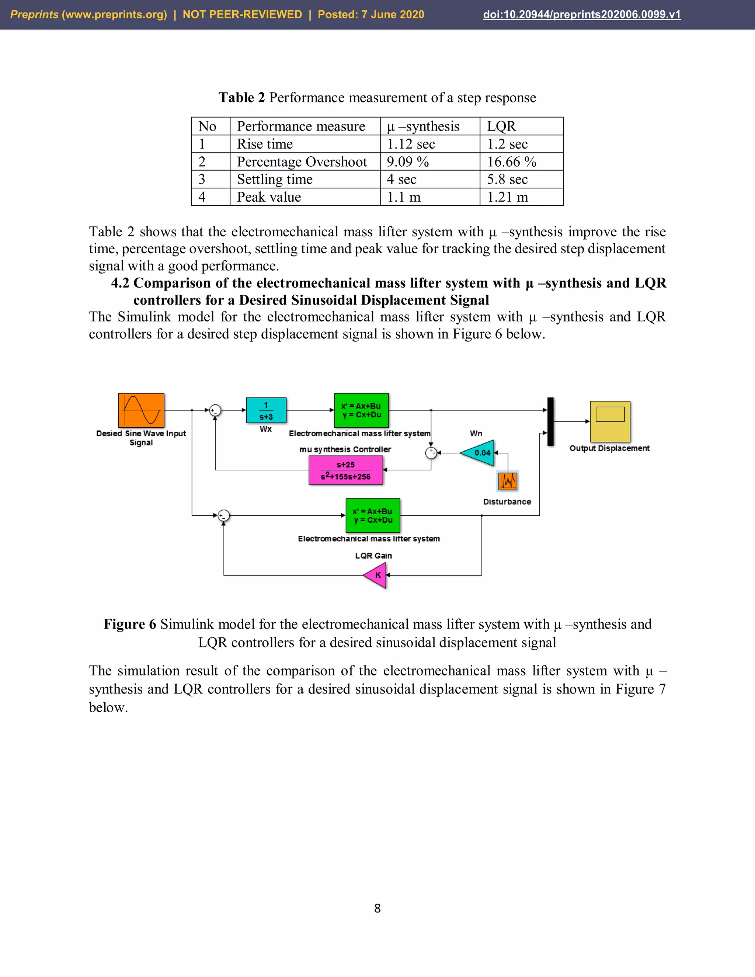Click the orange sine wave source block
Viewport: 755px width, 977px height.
[141, 410]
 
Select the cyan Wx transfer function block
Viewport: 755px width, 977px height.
[266, 410]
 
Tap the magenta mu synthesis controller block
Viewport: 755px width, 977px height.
[346, 470]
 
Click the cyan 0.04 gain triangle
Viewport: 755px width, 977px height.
[479, 453]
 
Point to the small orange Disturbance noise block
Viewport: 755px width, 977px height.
[508, 481]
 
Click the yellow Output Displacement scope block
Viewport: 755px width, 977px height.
[610, 421]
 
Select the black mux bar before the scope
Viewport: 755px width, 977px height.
[551, 421]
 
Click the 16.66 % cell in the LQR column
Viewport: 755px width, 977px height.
[512, 161]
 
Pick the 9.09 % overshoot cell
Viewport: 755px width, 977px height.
[407, 161]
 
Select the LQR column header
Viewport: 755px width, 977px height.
[501, 126]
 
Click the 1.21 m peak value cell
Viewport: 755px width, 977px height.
[508, 197]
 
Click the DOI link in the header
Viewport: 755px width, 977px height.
[582, 14]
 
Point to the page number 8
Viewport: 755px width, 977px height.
[377, 908]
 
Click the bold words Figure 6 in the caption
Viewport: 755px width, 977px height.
[130, 624]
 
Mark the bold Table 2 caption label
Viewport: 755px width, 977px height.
[241, 98]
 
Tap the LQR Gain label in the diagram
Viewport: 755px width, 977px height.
[373, 556]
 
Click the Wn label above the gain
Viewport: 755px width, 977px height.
[476, 433]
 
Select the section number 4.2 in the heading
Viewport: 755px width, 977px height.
[120, 283]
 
